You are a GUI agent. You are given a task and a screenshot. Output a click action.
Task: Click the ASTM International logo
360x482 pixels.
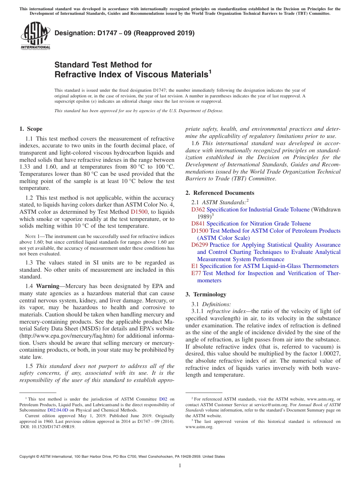point(35,36)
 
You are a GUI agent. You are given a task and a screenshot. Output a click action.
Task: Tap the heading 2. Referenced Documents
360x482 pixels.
point(220,193)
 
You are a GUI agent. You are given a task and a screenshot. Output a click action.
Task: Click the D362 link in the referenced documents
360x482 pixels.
point(198,210)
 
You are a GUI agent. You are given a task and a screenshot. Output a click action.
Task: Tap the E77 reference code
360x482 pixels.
point(196,273)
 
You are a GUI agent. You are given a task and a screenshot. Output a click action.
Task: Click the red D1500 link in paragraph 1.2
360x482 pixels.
point(139,212)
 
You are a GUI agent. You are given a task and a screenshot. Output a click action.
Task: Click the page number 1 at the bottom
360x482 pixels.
point(180,465)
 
